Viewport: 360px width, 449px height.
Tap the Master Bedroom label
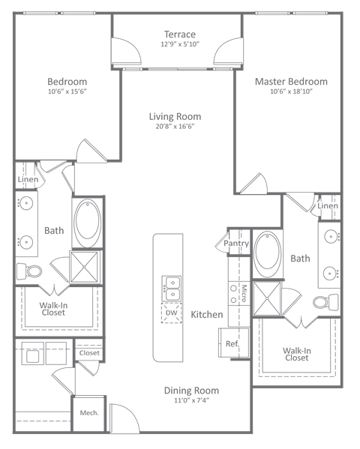tap(291, 82)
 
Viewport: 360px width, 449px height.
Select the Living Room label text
tap(175, 117)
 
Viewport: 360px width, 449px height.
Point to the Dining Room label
tap(192, 391)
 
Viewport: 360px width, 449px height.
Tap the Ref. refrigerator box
tap(232, 343)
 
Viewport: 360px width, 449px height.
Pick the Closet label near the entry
tap(89, 352)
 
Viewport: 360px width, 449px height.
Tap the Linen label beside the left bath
tap(26, 179)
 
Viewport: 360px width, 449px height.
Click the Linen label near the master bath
tap(328, 205)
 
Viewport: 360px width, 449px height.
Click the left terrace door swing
tap(125, 52)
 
